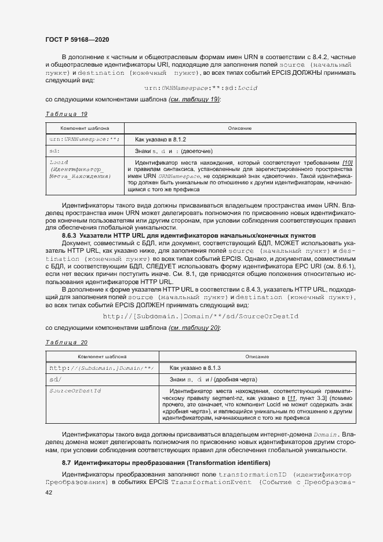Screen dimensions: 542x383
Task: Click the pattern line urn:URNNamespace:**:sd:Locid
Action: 200,88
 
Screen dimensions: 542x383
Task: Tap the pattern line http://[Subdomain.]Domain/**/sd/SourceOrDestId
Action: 200,317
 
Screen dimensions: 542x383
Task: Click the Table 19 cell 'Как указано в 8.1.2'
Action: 161,140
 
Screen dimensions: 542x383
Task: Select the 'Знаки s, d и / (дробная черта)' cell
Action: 210,379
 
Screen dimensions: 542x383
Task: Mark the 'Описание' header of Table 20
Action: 257,357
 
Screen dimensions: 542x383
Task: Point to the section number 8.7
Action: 67,463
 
